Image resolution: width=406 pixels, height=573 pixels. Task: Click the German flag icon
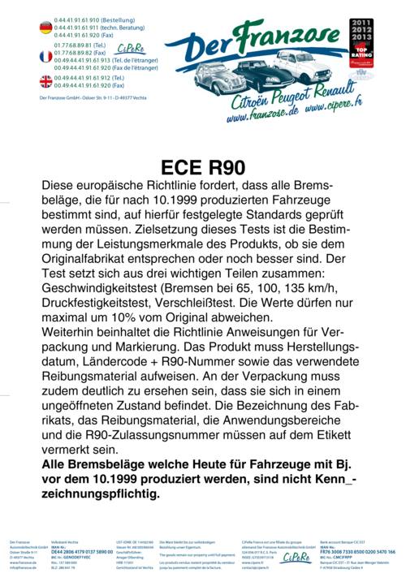[45, 28]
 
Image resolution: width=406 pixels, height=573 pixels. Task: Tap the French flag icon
[45, 56]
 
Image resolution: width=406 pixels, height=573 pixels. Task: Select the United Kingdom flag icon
[45, 81]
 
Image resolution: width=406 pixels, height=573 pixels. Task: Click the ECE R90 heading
[203, 167]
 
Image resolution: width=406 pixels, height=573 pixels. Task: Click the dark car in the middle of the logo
[258, 71]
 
